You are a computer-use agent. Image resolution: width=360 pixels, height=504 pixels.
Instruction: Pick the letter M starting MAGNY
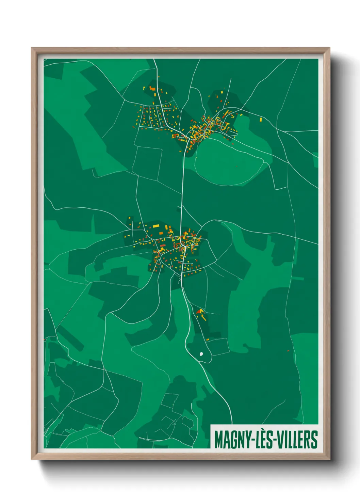(x=218, y=440)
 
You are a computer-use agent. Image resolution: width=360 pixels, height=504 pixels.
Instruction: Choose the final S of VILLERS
(x=314, y=440)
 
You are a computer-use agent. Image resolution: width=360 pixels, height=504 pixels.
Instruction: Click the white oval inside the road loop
(x=201, y=354)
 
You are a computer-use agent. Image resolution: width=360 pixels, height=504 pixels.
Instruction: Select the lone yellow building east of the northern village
(x=261, y=120)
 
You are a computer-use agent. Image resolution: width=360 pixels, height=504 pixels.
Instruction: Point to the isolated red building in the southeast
(x=288, y=350)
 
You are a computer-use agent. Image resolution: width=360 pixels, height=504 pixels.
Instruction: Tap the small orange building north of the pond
(x=207, y=340)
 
